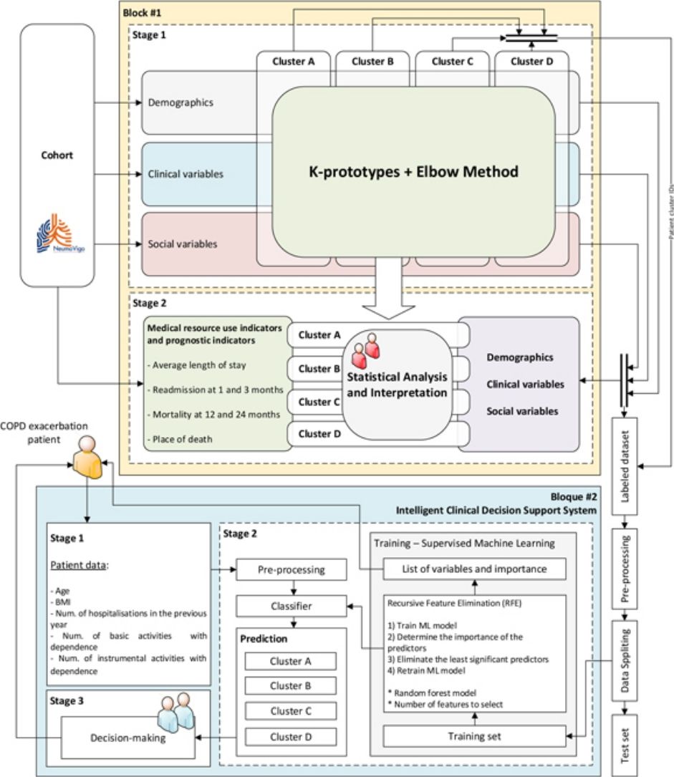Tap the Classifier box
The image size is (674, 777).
292,607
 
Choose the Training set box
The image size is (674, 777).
476,735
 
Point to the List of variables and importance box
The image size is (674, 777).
475,569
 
